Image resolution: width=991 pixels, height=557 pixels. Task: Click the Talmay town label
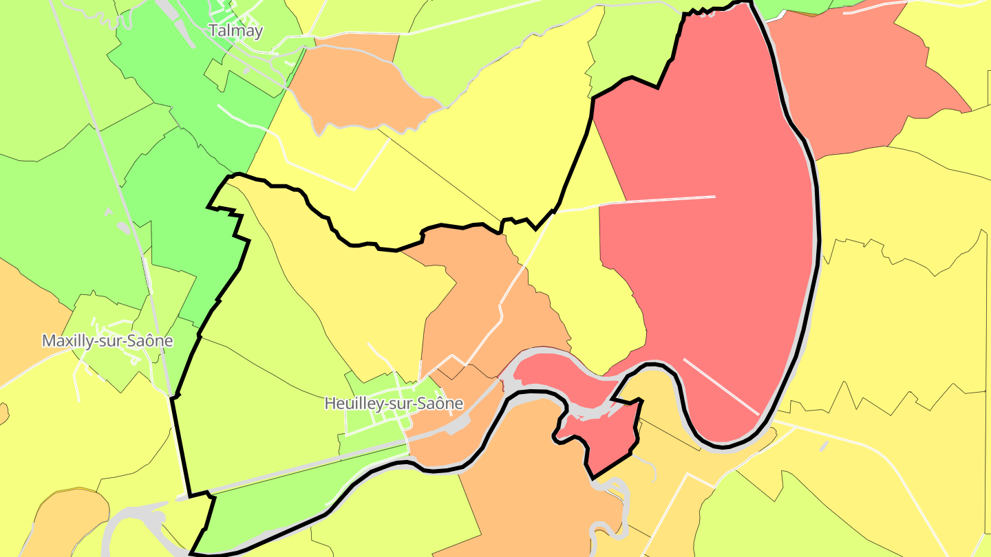coord(235,31)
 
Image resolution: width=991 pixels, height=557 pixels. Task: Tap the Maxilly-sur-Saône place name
coord(107,340)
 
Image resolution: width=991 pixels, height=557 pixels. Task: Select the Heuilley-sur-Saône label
coord(394,403)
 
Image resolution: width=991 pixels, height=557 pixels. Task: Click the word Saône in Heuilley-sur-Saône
coord(444,403)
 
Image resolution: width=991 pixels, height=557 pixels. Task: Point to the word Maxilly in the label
coord(65,340)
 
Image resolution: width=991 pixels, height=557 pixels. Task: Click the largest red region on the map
coord(709,261)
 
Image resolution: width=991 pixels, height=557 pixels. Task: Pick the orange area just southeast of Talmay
coord(358,83)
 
